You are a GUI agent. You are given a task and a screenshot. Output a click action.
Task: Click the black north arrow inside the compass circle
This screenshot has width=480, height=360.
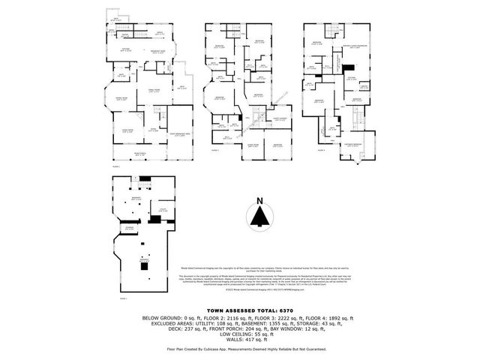point(259,217)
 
